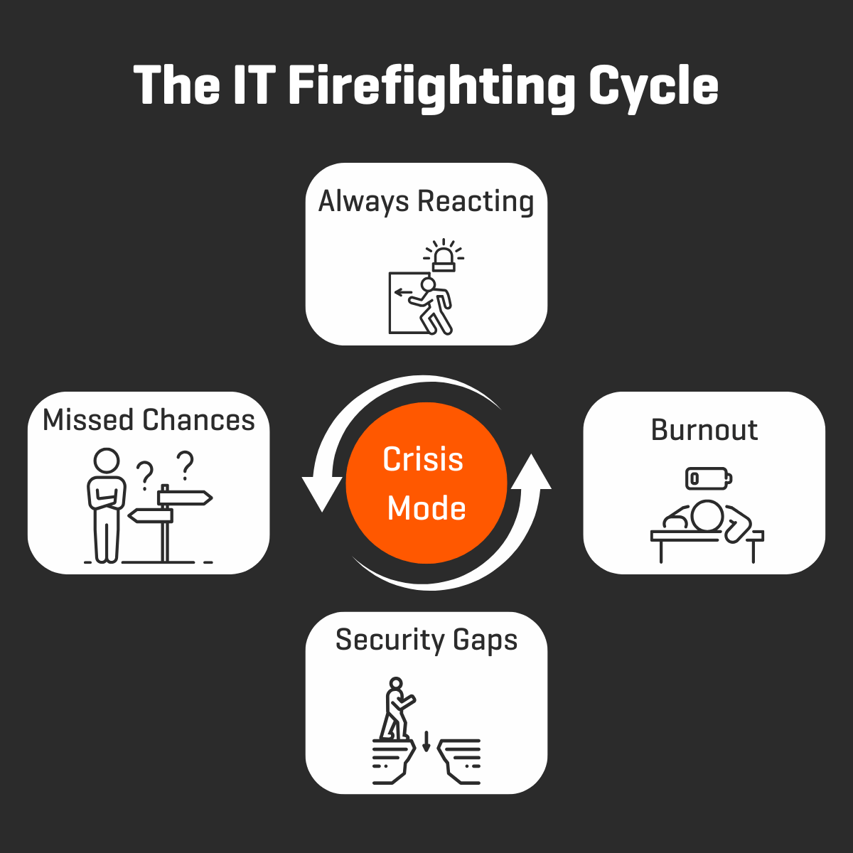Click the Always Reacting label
[426, 201]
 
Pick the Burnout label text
[704, 430]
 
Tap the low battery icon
[708, 478]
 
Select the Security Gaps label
[426, 640]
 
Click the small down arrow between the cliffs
[426, 741]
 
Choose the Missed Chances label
[149, 420]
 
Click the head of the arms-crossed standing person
[107, 461]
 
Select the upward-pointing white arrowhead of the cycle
[531, 472]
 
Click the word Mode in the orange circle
[426, 508]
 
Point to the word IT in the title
[253, 87]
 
